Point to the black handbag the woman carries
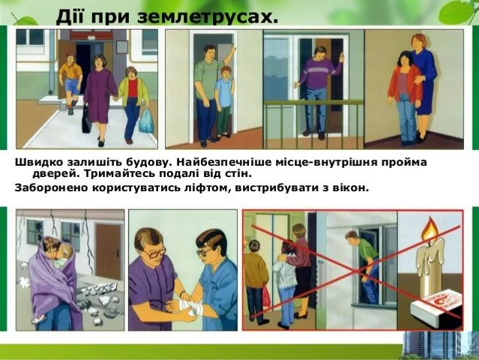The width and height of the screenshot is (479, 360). click(x=86, y=119)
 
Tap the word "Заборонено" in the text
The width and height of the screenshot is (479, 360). click(x=51, y=187)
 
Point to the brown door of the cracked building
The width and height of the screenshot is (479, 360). click(x=108, y=254)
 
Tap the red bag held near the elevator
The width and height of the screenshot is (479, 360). click(x=266, y=295)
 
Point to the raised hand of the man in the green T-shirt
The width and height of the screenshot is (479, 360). click(x=233, y=49)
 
